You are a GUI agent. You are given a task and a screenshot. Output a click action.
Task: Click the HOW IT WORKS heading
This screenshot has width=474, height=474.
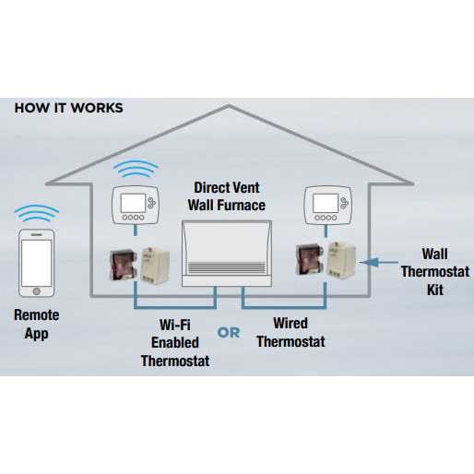[68, 108]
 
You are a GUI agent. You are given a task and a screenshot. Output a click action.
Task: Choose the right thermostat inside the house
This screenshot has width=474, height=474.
[326, 205]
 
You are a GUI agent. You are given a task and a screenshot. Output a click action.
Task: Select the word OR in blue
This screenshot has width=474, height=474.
[228, 332]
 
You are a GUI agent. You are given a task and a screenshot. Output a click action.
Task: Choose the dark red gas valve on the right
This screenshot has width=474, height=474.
[307, 261]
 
